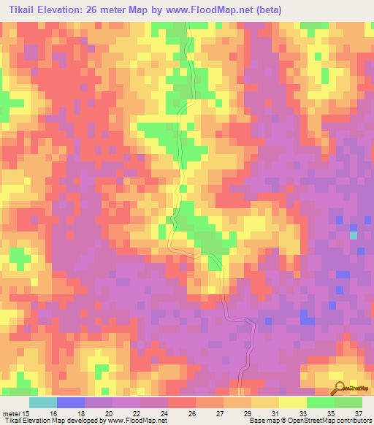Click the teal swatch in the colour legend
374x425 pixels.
pyautogui.click(x=43, y=402)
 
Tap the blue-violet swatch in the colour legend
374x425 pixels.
pyautogui.click(x=71, y=402)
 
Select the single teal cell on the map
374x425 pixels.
pyautogui.click(x=354, y=235)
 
